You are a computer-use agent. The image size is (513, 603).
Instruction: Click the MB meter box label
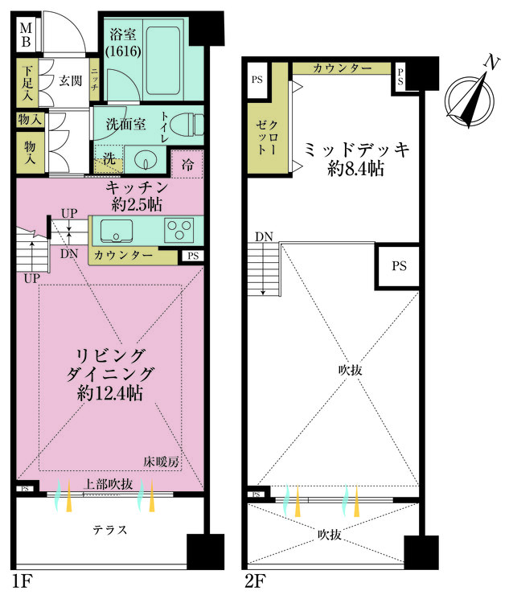(27, 35)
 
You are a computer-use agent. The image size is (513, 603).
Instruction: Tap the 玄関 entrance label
(71, 80)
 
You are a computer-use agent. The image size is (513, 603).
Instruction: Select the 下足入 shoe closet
(27, 83)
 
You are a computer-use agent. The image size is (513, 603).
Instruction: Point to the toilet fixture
(187, 124)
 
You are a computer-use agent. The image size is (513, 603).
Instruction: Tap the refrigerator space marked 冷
(187, 164)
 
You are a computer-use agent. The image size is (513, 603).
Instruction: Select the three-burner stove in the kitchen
(179, 230)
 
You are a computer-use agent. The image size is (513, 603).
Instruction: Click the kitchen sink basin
(117, 231)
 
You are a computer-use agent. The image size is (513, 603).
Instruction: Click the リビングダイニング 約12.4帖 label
(110, 375)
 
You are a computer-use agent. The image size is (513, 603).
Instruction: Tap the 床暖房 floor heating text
(162, 461)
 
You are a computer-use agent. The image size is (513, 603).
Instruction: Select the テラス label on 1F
(110, 530)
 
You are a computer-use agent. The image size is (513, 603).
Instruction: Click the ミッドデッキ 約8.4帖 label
(355, 158)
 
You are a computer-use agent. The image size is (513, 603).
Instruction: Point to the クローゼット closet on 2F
(267, 137)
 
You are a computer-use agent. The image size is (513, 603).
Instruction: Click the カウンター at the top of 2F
(342, 68)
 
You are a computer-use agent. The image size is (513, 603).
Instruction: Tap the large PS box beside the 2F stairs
(399, 266)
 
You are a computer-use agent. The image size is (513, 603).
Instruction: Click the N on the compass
(491, 62)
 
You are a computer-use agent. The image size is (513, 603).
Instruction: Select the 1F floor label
(22, 580)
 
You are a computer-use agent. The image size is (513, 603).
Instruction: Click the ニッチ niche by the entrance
(95, 79)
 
